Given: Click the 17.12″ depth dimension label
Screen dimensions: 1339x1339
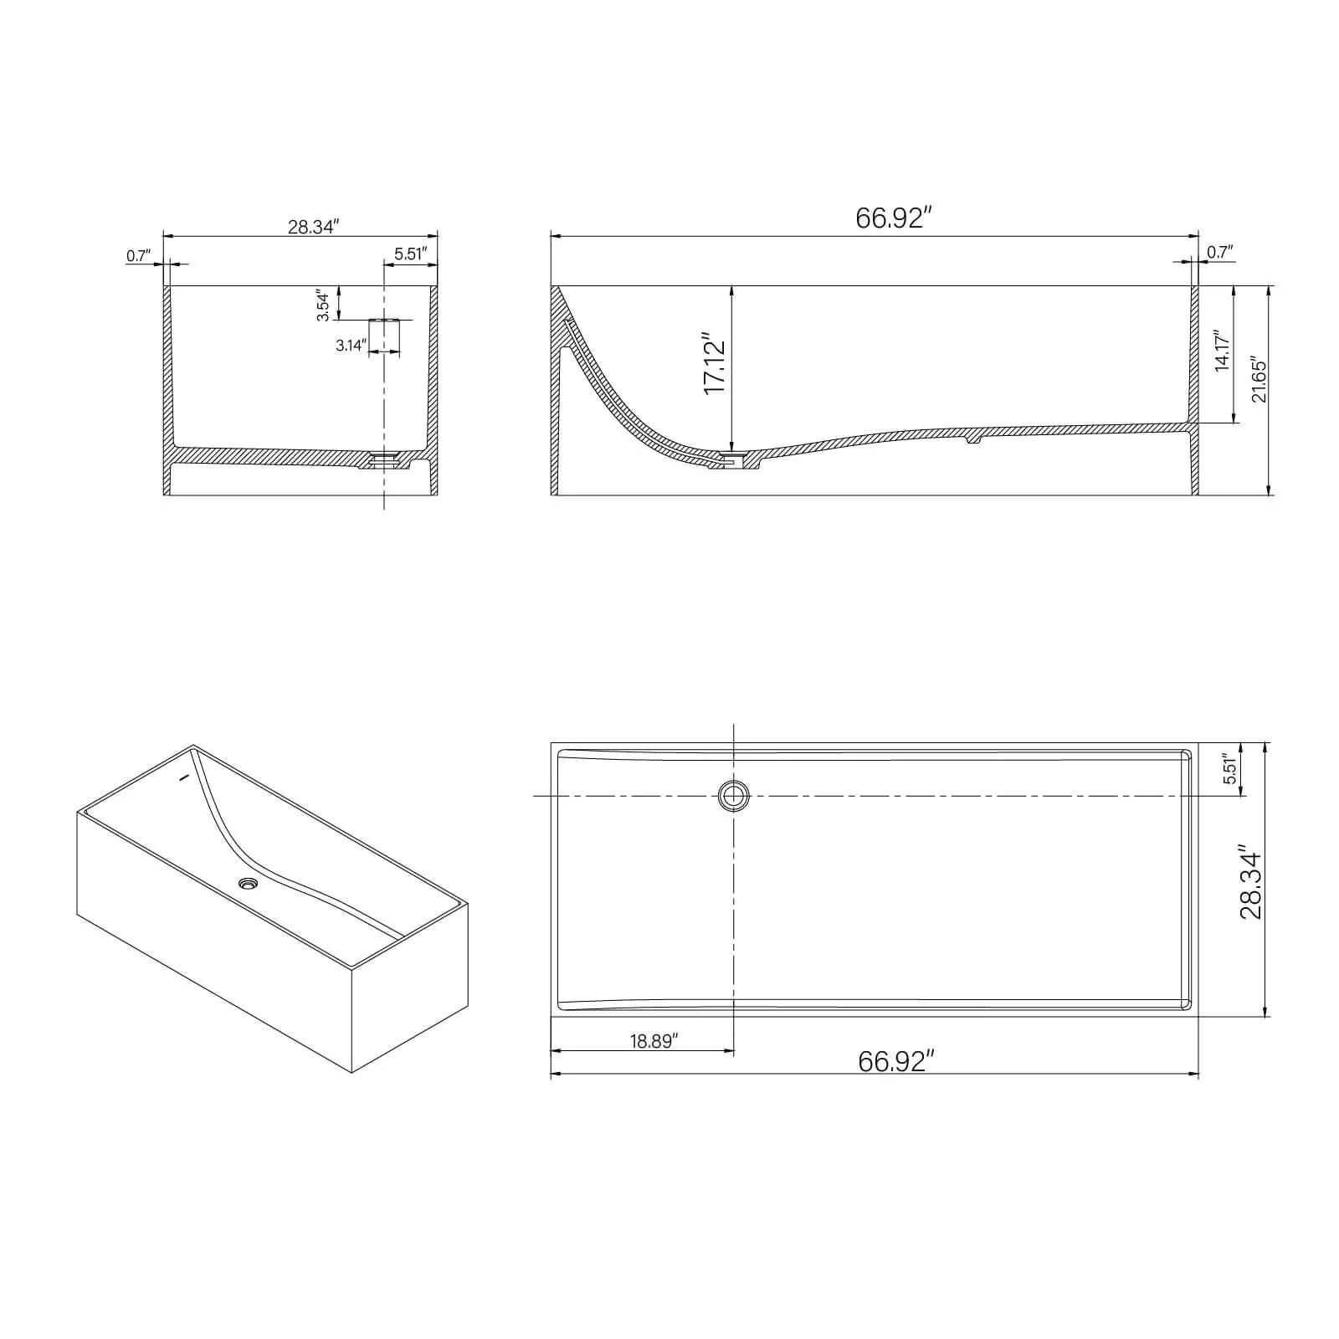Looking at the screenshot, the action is point(714,367).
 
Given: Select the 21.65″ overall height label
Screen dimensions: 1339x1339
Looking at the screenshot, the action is point(1259,381).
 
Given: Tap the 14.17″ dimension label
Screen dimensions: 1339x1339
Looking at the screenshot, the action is point(1222,350).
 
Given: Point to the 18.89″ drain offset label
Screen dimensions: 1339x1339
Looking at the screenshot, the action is point(654,1040).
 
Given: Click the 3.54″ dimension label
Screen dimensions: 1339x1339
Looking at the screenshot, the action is point(323,306).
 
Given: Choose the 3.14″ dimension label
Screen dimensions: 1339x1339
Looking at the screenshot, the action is point(351,345).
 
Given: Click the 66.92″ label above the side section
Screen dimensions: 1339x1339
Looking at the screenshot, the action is point(894,218).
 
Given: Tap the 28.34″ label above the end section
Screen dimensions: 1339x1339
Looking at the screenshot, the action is point(312,227).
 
